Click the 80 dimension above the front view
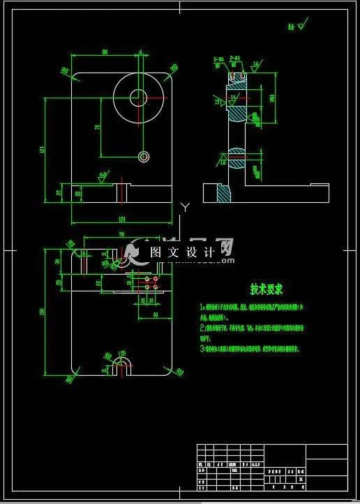click(105, 52)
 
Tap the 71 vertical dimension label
click(97, 127)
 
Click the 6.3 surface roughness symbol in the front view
click(103, 175)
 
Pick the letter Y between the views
click(184, 207)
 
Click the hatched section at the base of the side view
click(224, 192)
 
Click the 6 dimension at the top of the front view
click(140, 52)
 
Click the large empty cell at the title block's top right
click(327, 450)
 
